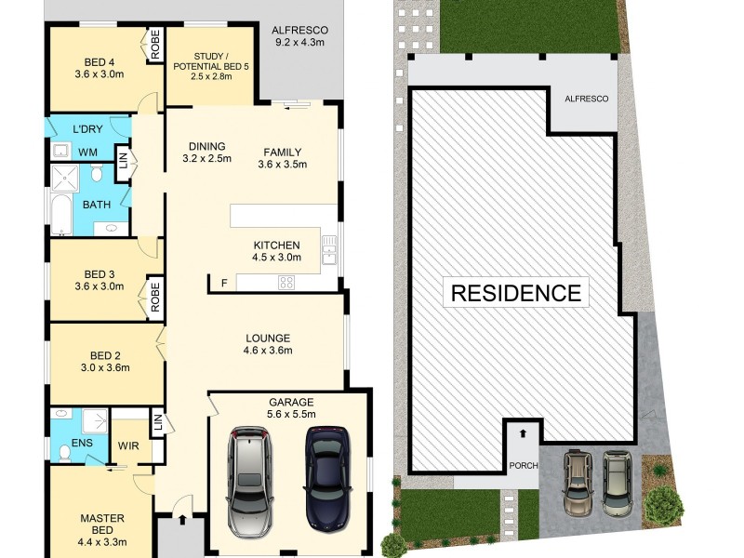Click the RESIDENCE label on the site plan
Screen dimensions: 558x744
pyautogui.click(x=516, y=293)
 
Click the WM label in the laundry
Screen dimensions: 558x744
pyautogui.click(x=87, y=152)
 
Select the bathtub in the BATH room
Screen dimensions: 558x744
pyautogui.click(x=61, y=214)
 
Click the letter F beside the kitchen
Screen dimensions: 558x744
pyautogui.click(x=224, y=283)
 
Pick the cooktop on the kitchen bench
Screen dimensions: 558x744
pyautogui.click(x=287, y=283)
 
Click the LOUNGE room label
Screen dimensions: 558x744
pyautogui.click(x=268, y=344)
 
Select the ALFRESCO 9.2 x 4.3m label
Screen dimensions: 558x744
pyautogui.click(x=300, y=36)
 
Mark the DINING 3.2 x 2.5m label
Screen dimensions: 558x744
pyautogui.click(x=207, y=153)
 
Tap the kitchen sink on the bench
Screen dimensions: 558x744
pyautogui.click(x=329, y=248)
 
